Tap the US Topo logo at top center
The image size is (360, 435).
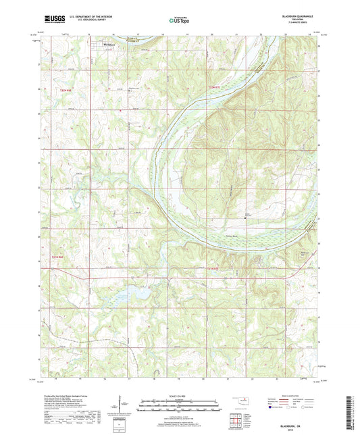coord(175,21)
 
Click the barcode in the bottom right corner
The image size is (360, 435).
coord(349,411)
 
